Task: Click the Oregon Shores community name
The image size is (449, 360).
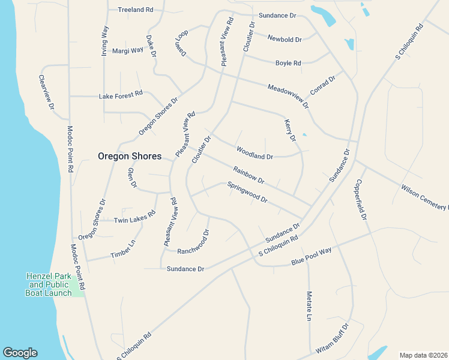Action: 130,156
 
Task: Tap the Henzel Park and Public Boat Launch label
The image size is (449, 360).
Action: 49,284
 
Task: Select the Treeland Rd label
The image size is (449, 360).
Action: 136,10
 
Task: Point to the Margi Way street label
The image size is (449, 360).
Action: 128,50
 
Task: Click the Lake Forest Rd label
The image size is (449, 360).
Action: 121,94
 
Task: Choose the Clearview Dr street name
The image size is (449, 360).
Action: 47,92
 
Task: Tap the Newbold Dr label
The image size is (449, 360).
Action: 285,39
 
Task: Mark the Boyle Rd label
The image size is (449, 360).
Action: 288,63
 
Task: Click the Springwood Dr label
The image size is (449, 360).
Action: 247,193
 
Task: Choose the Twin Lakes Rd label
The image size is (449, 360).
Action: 134,217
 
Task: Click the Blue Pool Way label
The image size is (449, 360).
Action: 312,257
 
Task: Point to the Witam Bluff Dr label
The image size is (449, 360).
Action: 332,339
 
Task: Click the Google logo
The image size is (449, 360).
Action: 20,353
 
